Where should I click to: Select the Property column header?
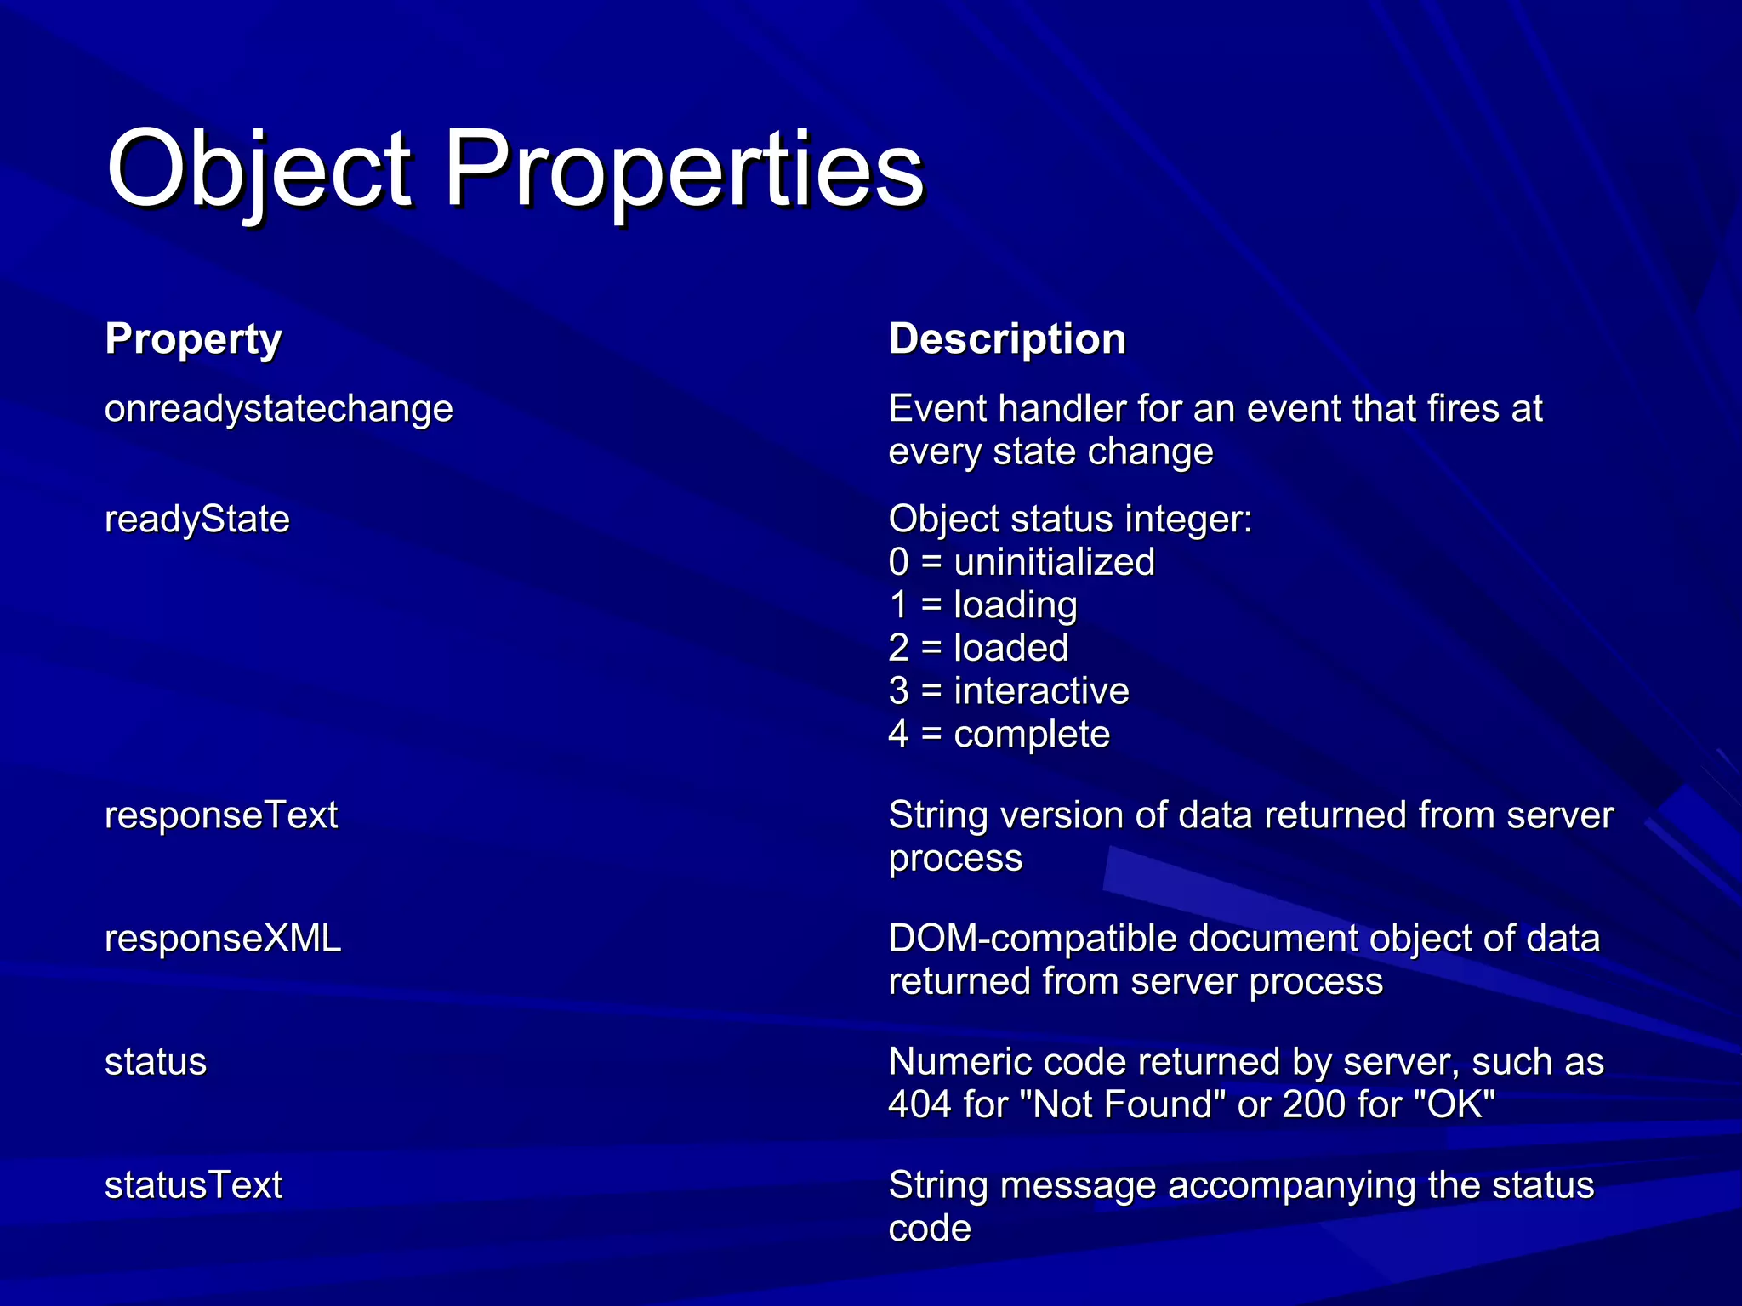pyautogui.click(x=193, y=339)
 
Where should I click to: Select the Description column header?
pyautogui.click(x=1007, y=339)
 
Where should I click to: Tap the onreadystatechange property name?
pyautogui.click(x=279, y=409)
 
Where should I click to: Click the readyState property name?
pyautogui.click(x=197, y=520)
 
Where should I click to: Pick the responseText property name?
pyautogui.click(x=221, y=815)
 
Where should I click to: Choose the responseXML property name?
pyautogui.click(x=223, y=939)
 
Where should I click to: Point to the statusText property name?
pyautogui.click(x=193, y=1185)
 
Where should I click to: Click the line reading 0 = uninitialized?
pyautogui.click(x=1022, y=563)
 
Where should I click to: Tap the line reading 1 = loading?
pyautogui.click(x=982, y=605)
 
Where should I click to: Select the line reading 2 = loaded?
pyautogui.click(x=978, y=649)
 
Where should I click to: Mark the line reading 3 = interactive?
pyautogui.click(x=1009, y=691)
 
